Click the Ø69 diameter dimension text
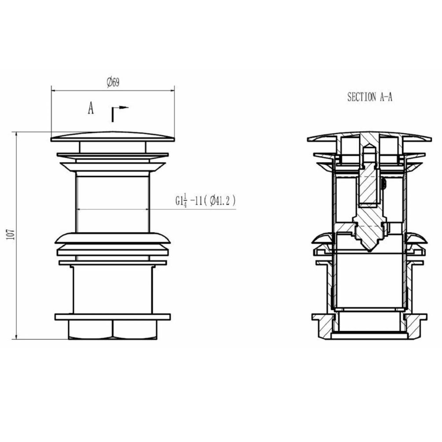pos(113,82)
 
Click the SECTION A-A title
pos(369,97)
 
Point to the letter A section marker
pos(91,108)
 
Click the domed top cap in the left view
pos(113,136)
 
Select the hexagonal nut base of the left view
pos(113,329)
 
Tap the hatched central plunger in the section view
pos(369,214)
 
